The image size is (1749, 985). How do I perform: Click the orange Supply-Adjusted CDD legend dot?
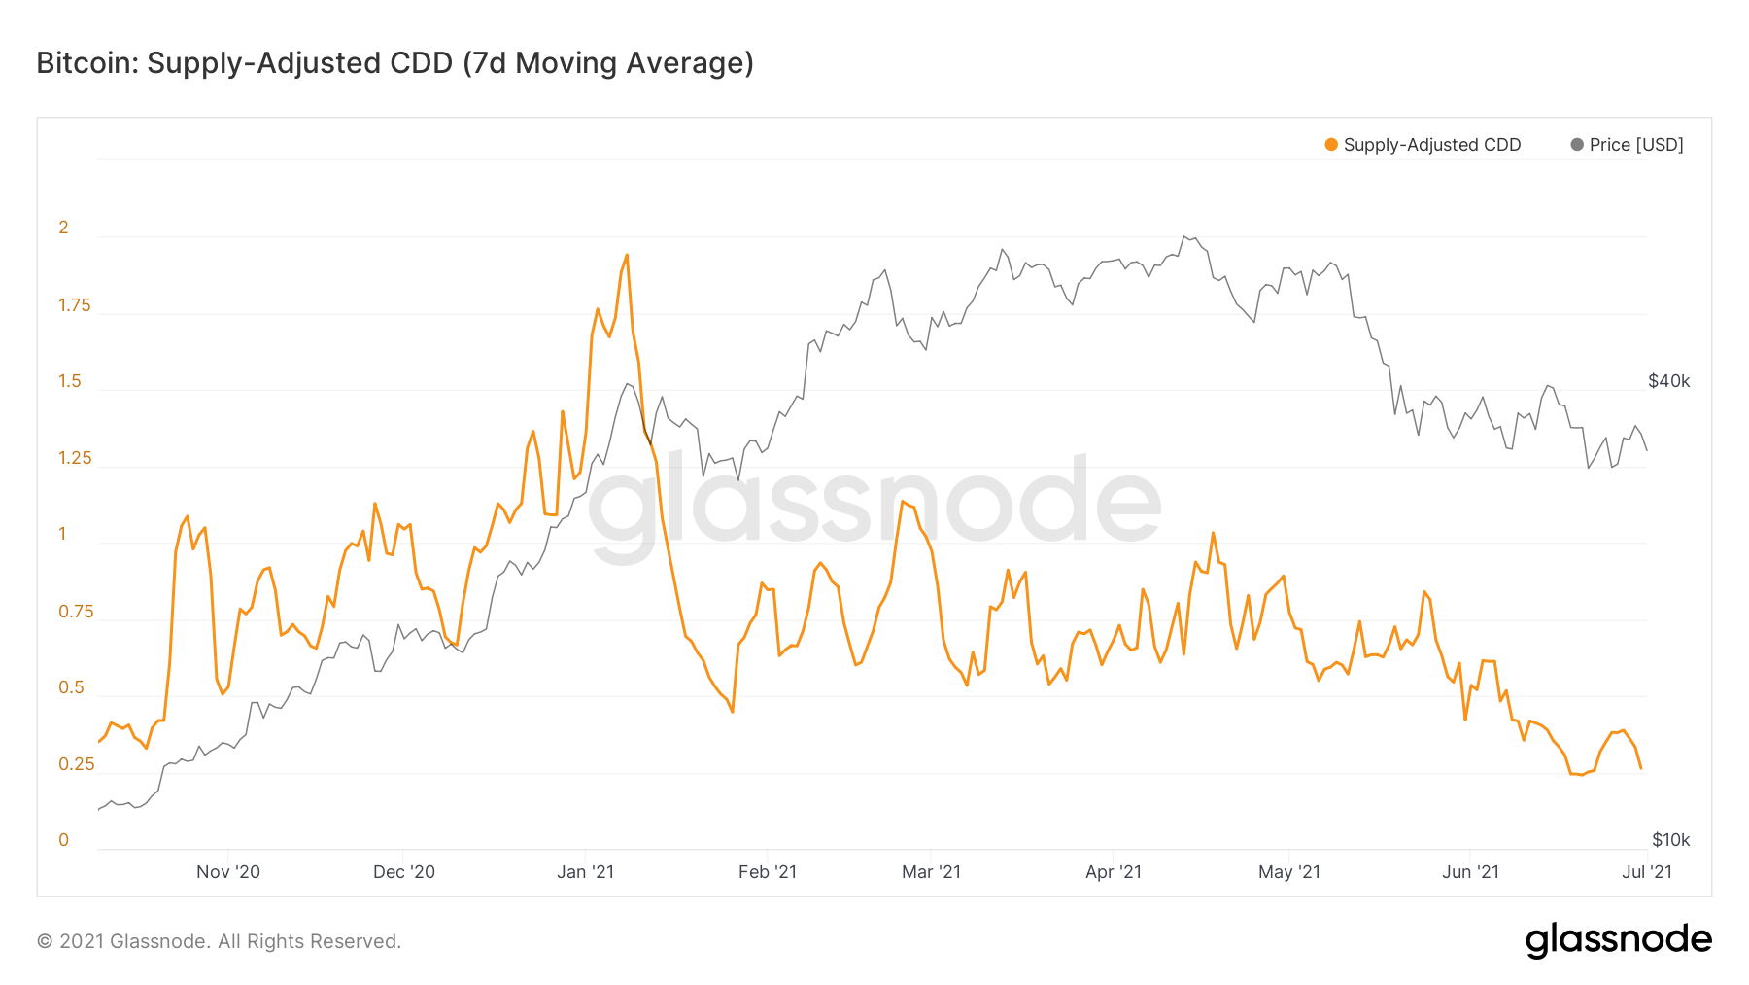(1331, 145)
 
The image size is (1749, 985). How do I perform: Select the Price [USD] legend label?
(1636, 145)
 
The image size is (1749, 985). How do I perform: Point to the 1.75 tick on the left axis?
(74, 305)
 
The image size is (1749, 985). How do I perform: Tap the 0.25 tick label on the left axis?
(76, 764)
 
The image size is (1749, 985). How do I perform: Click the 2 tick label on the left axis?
(64, 228)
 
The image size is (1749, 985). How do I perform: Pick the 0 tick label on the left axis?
(64, 840)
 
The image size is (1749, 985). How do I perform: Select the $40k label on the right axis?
(1668, 381)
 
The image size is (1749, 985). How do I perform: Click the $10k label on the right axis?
(1670, 840)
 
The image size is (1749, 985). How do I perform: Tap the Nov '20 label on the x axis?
(228, 872)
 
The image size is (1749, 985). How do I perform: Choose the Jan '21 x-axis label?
(585, 872)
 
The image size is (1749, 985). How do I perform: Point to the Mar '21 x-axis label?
(931, 872)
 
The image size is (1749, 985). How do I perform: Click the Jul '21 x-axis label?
(1647, 872)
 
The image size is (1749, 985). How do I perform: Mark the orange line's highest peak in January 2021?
(627, 255)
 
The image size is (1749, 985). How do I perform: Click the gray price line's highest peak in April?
(1183, 236)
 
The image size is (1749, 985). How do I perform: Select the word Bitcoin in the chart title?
(86, 63)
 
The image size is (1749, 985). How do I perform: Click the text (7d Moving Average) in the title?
(608, 63)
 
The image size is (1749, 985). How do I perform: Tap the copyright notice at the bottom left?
(219, 941)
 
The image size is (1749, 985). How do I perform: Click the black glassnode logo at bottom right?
(1618, 940)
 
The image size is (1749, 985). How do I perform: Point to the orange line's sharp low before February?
(733, 712)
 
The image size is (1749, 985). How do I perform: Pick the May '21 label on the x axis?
(1289, 872)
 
